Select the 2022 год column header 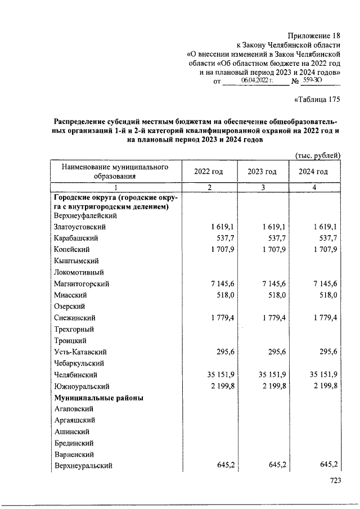[208, 172]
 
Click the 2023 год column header [262, 172]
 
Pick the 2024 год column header [314, 172]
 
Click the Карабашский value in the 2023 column [274, 238]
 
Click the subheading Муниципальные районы [99, 398]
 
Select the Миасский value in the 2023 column [274, 295]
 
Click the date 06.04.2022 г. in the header [256, 81]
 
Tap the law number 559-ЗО [311, 81]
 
